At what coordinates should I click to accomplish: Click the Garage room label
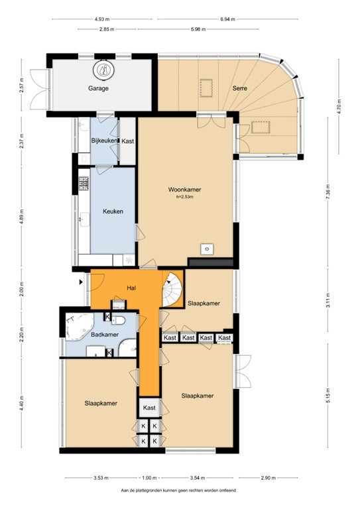coord(98,88)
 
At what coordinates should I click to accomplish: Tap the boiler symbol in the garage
coord(104,70)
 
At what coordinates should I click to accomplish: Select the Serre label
coord(239,88)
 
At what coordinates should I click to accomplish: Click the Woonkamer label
coord(184,190)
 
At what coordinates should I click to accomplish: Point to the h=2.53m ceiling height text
coord(185,197)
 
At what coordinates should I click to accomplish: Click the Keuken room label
coord(113,211)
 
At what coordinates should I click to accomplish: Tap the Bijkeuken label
coord(104,141)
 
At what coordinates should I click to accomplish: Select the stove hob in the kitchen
coord(84,184)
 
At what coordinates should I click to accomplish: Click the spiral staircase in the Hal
coord(172,290)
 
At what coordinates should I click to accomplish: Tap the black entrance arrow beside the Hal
coord(81,282)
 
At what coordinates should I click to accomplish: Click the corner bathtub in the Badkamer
coord(79,326)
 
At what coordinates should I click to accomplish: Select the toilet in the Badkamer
coord(118,321)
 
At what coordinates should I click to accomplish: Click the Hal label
coord(131,288)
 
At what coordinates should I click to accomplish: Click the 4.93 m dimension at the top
coord(101,19)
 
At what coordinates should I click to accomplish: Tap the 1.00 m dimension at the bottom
coord(149,478)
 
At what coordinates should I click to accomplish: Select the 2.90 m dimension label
coord(269,478)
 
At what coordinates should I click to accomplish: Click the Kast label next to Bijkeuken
coord(127,141)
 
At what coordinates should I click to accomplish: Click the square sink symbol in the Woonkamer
coord(207,249)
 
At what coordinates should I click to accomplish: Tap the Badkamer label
coord(105,335)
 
